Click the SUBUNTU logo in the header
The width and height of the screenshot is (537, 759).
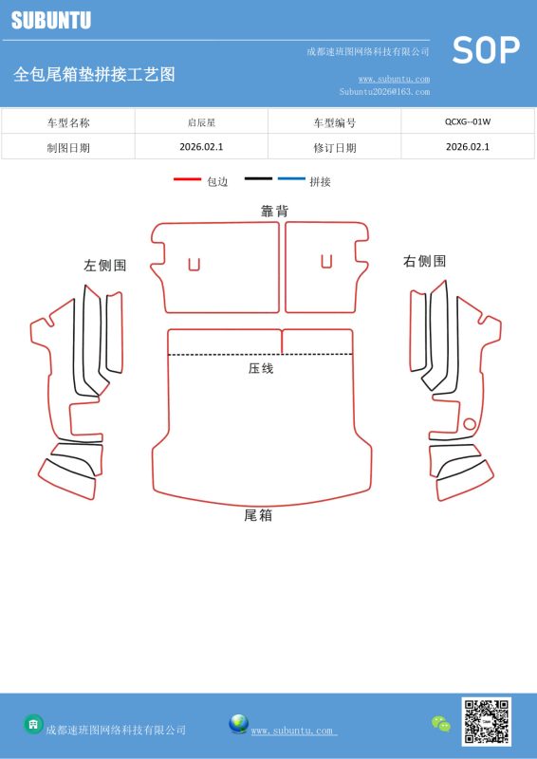[x=51, y=20]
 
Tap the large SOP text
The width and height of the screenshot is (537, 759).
[x=486, y=50]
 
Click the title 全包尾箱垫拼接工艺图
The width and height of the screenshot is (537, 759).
[x=95, y=75]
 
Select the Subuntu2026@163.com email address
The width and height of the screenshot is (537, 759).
[x=384, y=91]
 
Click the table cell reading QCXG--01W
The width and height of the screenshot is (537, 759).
[x=468, y=121]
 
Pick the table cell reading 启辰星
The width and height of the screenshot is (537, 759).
[x=201, y=122]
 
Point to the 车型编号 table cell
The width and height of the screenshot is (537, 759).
[x=335, y=122]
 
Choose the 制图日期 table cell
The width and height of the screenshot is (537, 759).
[x=68, y=148]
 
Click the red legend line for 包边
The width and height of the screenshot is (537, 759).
[x=188, y=179]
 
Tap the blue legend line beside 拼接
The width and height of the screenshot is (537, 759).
[x=291, y=178]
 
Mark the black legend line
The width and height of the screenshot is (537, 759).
[x=258, y=178]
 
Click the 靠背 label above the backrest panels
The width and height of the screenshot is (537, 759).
[x=274, y=211]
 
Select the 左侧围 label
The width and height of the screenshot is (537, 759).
[x=105, y=266]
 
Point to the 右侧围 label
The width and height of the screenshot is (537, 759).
[x=424, y=262]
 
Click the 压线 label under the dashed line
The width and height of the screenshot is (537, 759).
[x=261, y=368]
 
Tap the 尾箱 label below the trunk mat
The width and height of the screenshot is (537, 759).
[x=258, y=515]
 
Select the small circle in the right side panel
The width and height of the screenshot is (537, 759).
[x=470, y=424]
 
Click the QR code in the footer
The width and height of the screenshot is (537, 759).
[x=486, y=721]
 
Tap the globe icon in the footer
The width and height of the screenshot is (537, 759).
[x=239, y=724]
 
